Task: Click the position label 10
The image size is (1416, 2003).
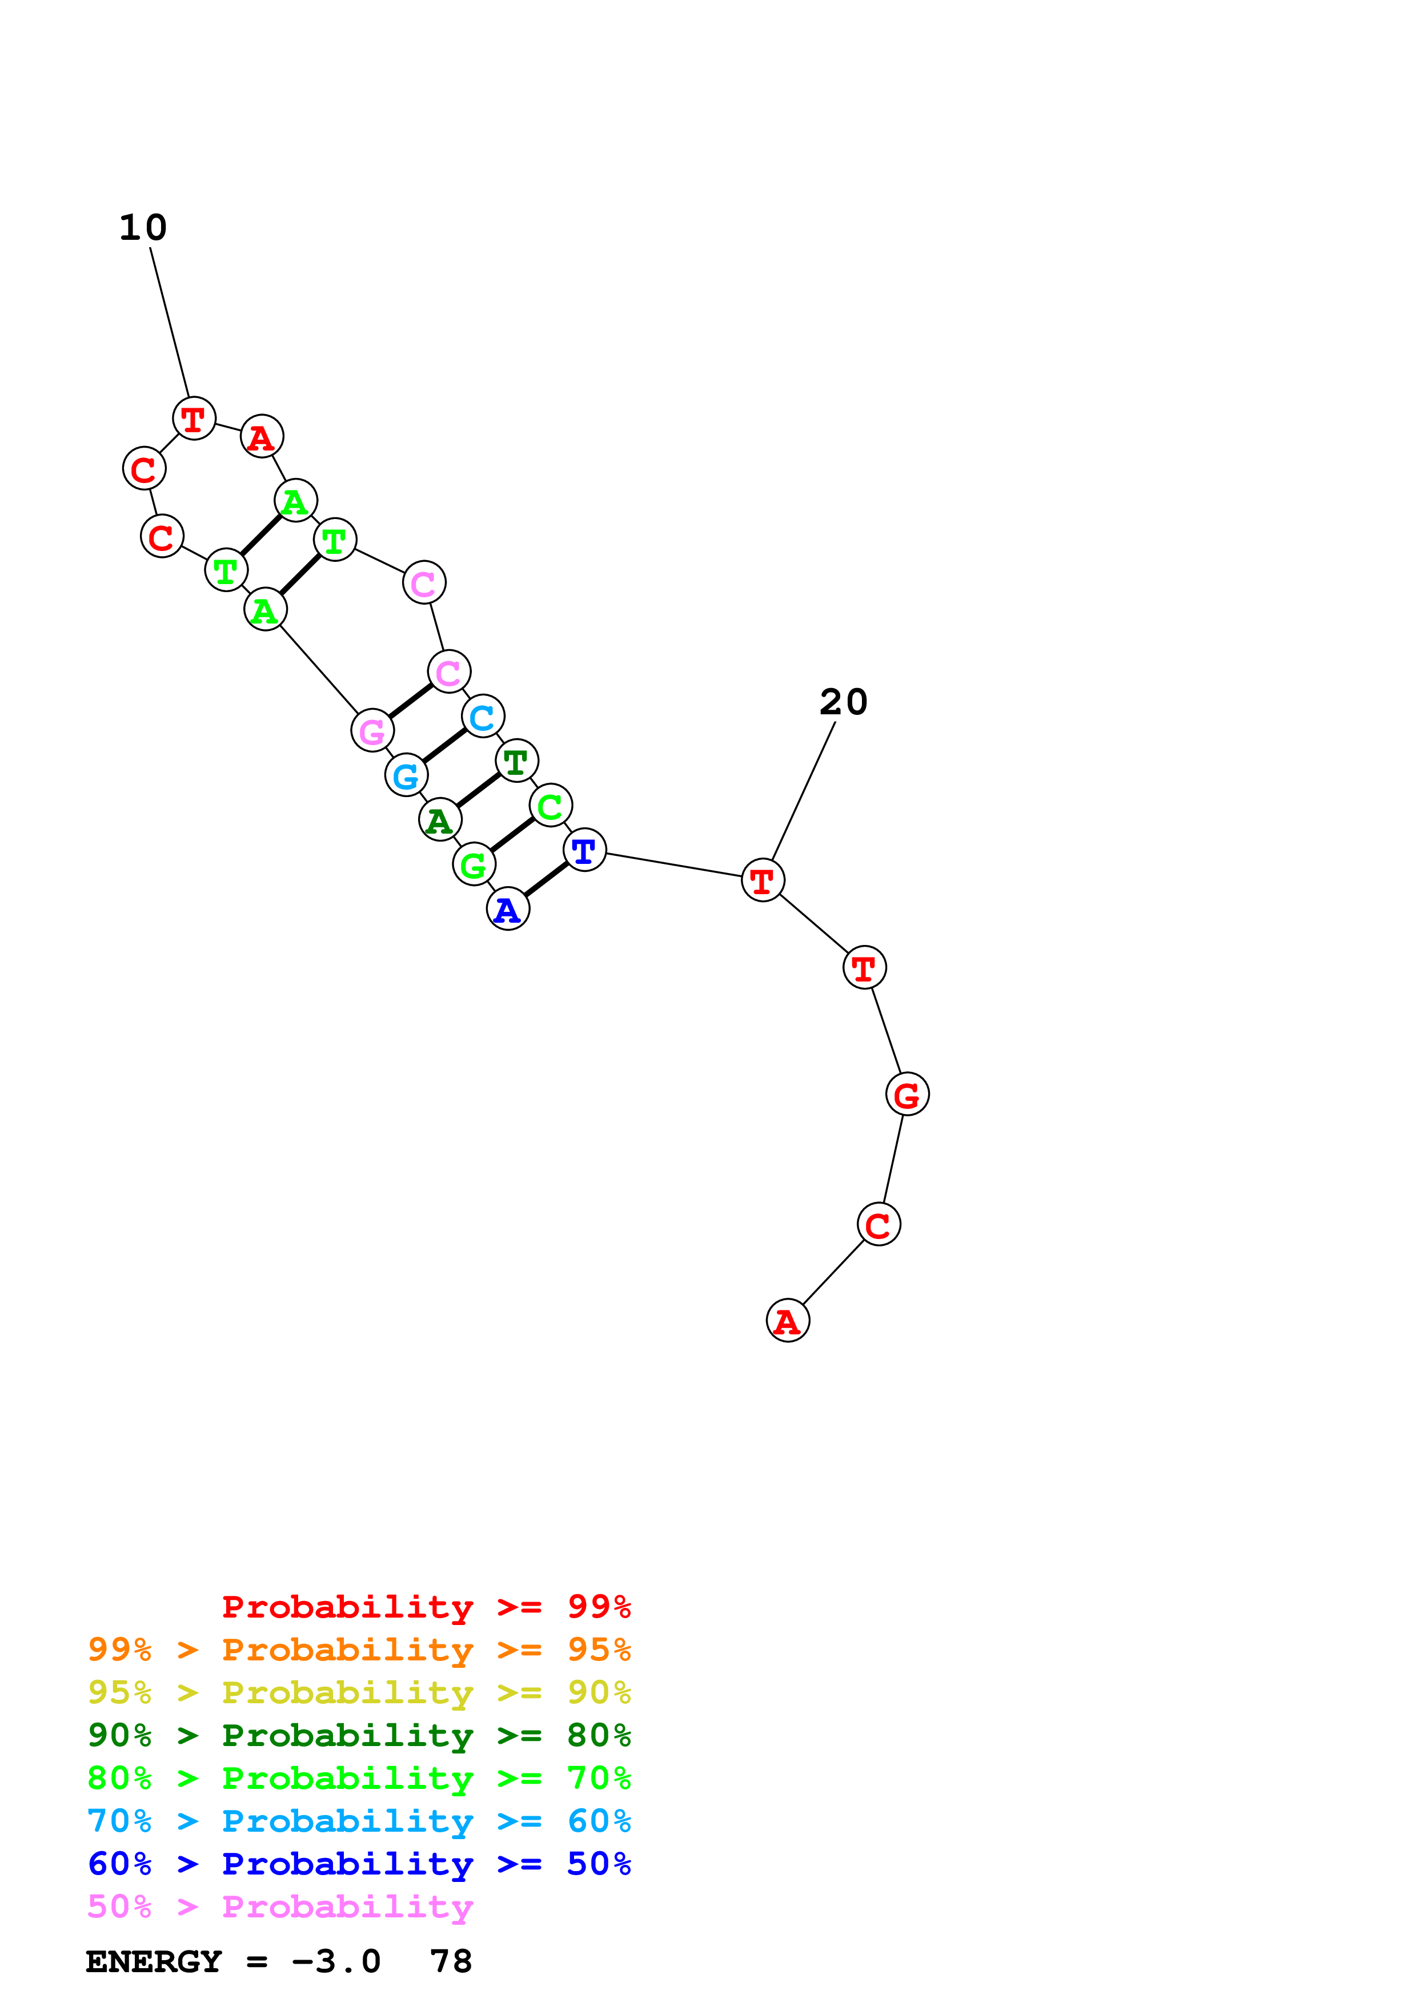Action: (x=143, y=228)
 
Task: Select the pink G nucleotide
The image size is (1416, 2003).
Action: (x=372, y=730)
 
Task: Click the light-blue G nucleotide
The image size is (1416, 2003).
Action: (x=406, y=775)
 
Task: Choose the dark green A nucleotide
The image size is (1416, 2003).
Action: (x=440, y=819)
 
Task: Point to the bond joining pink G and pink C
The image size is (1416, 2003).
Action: (x=410, y=701)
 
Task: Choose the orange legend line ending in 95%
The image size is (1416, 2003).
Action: (x=359, y=1650)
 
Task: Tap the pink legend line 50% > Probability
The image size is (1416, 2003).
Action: (x=280, y=1907)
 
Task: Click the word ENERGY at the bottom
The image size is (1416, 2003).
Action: (x=154, y=1962)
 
